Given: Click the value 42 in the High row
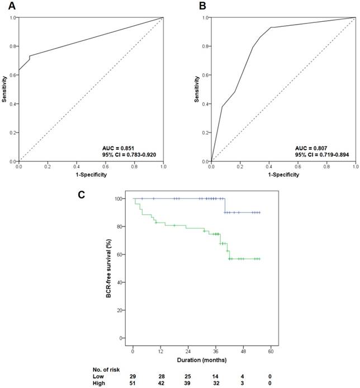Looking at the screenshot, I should (160, 384).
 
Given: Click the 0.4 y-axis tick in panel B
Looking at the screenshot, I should (205, 104).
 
